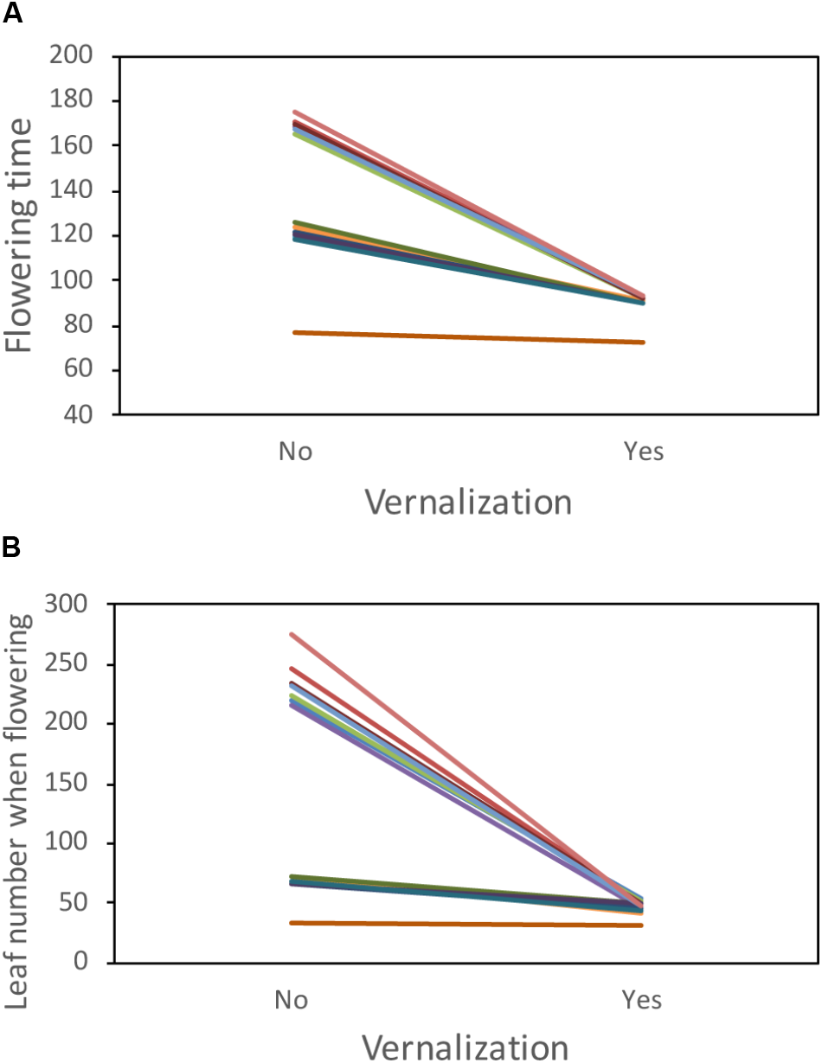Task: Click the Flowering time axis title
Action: point(24,235)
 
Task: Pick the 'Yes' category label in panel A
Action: point(643,451)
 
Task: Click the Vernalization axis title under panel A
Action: point(467,502)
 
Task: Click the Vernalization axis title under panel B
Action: point(467,1047)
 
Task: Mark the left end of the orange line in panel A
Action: point(294,332)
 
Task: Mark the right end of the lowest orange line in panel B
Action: point(642,925)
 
